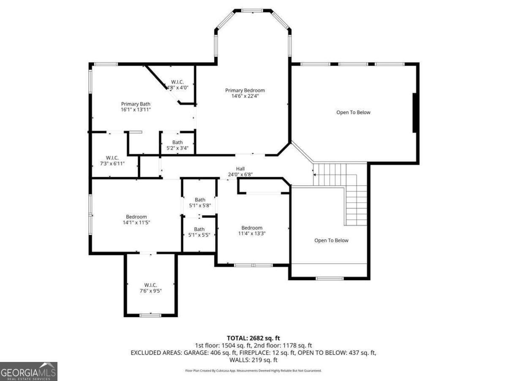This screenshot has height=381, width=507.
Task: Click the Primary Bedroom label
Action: [245, 90]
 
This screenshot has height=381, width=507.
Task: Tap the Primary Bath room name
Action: [136, 104]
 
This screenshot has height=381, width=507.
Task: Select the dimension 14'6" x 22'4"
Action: [245, 96]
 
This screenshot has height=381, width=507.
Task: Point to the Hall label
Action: [240, 168]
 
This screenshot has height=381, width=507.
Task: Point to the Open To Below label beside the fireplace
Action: [353, 112]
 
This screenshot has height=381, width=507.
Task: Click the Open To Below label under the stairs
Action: [331, 240]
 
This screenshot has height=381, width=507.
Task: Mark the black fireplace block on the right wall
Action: [416, 113]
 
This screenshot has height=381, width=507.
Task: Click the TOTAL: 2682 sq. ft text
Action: [253, 338]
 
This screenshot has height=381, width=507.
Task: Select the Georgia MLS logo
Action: [28, 371]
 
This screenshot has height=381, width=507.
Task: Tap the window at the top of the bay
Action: [253, 10]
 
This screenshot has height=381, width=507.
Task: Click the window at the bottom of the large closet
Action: [150, 315]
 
